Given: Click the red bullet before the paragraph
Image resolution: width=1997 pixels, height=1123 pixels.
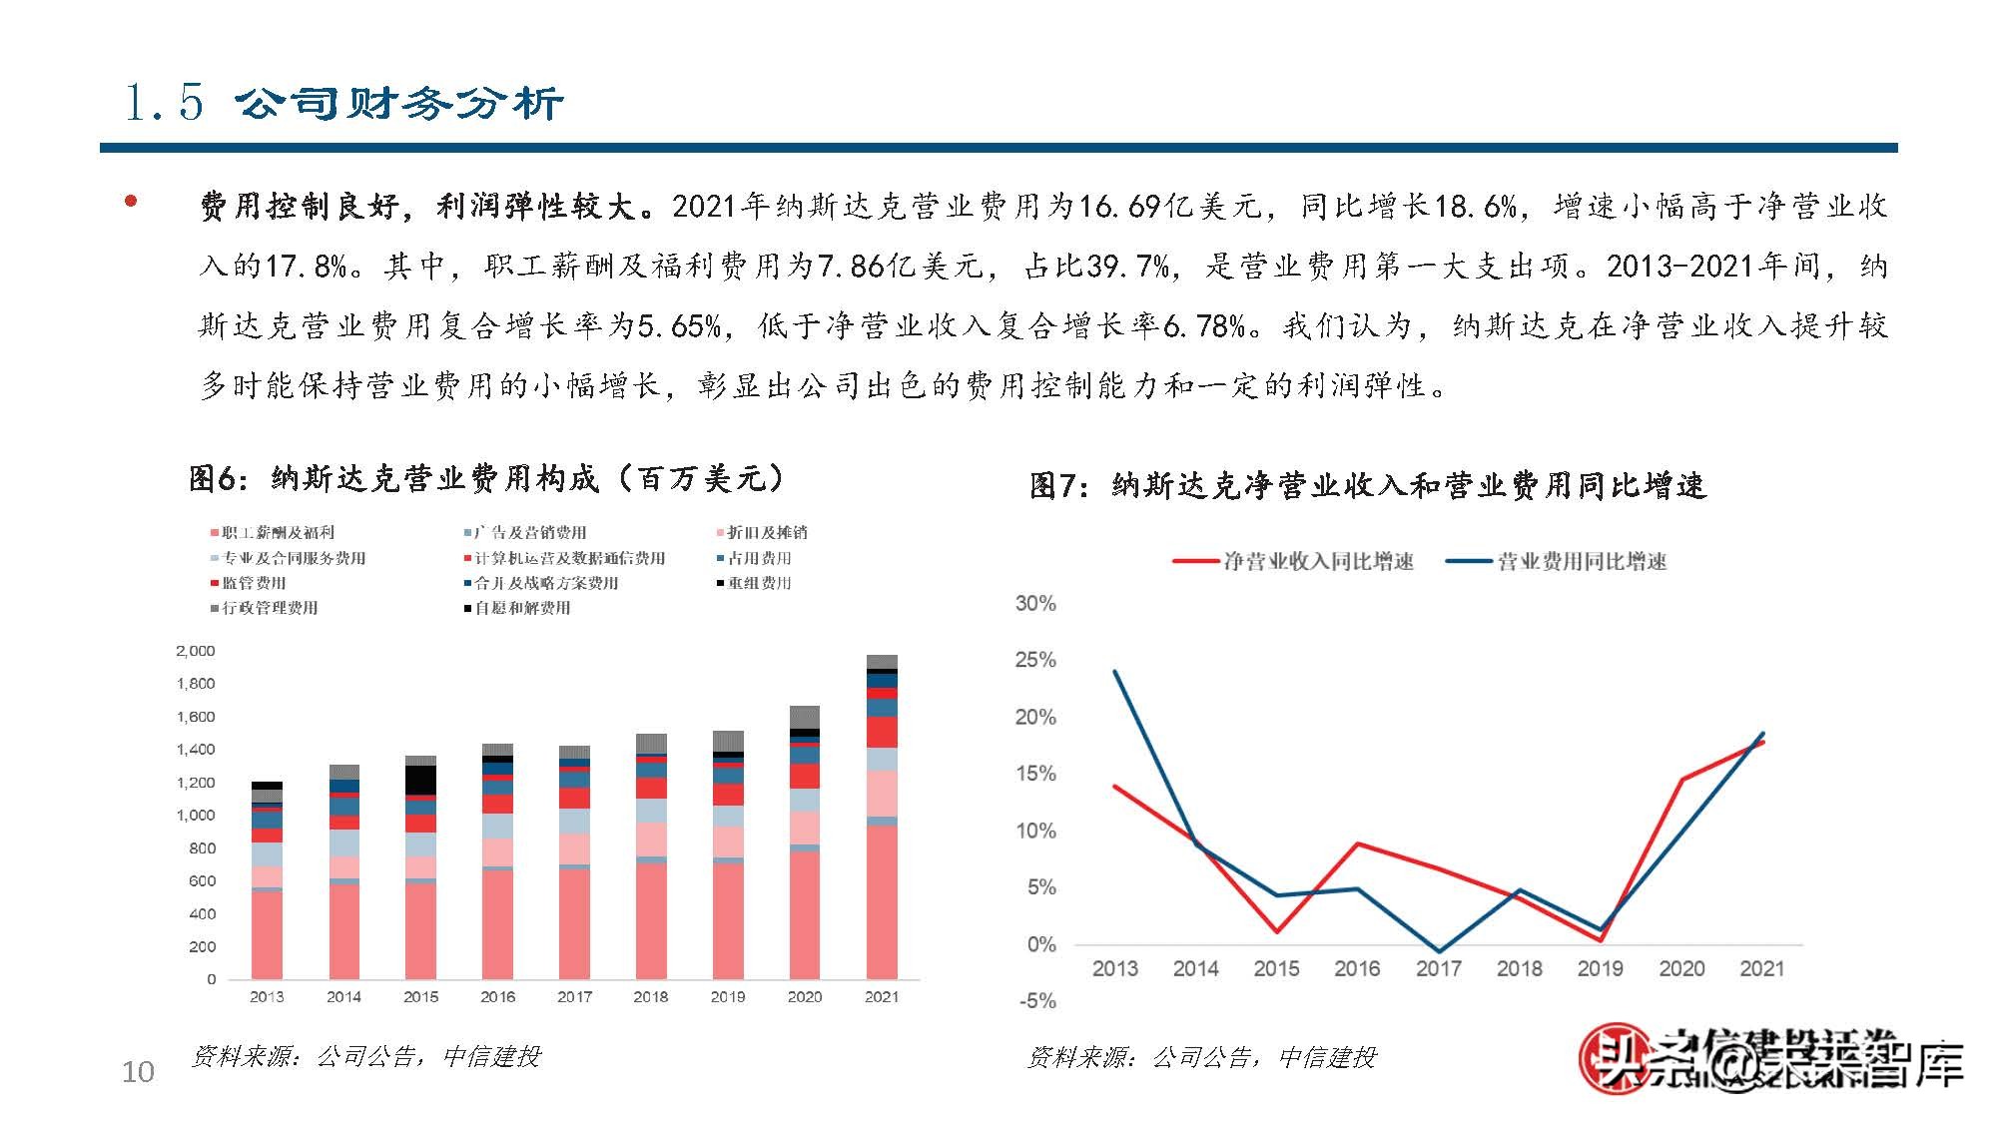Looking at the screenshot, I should tap(130, 202).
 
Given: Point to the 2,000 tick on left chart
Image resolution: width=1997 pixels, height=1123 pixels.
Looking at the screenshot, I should tap(196, 651).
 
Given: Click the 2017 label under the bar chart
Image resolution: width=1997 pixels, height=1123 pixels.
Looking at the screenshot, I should tap(574, 996).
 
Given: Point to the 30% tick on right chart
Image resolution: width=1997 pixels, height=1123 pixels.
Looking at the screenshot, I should tap(1035, 603).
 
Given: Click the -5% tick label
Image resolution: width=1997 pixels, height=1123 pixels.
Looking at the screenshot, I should tap(1037, 1001).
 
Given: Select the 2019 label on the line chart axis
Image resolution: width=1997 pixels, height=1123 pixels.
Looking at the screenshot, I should tap(1600, 968).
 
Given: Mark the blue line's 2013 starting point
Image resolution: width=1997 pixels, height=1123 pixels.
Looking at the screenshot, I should tap(1114, 672).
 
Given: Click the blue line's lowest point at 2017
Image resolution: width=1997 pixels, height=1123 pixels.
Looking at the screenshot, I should tap(1439, 951).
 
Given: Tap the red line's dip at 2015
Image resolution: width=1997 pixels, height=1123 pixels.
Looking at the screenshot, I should tap(1277, 931).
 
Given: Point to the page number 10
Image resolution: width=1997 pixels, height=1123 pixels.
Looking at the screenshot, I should tap(138, 1072).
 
